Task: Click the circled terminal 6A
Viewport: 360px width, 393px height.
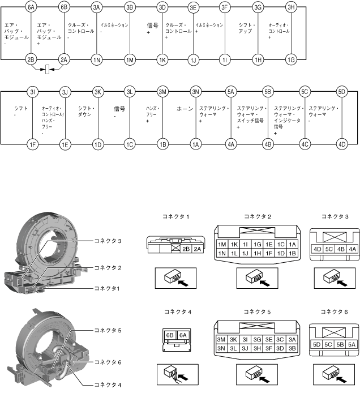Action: click(x=32, y=8)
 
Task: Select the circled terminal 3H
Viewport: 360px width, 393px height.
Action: click(x=291, y=8)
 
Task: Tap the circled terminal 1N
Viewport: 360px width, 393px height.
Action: click(x=97, y=59)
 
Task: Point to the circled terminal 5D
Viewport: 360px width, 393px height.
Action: click(x=341, y=92)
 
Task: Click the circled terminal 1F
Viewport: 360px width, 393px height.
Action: click(x=32, y=144)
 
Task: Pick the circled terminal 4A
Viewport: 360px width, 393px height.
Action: click(x=230, y=144)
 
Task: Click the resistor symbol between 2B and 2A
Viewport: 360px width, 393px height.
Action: click(x=48, y=71)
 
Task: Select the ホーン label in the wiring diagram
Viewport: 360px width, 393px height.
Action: click(x=185, y=108)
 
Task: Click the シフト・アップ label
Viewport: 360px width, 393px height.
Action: click(x=247, y=29)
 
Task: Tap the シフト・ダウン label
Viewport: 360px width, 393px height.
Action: click(x=85, y=111)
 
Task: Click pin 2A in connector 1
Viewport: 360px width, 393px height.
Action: click(x=198, y=249)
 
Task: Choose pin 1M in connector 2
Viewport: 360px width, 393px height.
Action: click(x=222, y=244)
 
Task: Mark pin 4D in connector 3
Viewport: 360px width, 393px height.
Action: click(x=318, y=249)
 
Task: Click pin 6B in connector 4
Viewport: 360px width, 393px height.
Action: click(x=169, y=335)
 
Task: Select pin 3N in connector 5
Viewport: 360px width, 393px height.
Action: click(x=222, y=348)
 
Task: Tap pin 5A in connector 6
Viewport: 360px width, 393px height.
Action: click(x=352, y=344)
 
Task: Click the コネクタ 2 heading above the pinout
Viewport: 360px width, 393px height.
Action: click(x=258, y=217)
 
